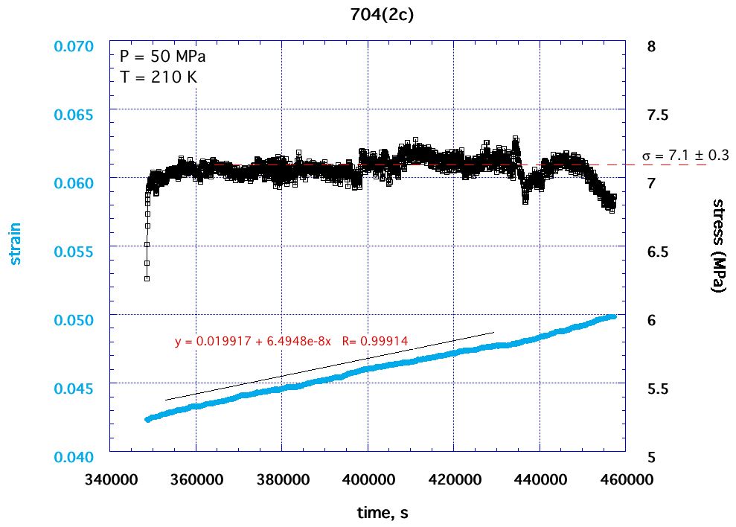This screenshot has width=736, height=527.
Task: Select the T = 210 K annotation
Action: [x=158, y=76]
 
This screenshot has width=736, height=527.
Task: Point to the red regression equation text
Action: [x=291, y=342]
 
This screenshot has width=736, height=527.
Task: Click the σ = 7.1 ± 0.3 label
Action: [x=685, y=156]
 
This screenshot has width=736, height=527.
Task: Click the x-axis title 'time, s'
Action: [x=381, y=513]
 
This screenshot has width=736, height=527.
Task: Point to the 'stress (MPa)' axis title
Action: [x=718, y=246]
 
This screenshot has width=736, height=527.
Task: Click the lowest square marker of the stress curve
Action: [x=147, y=278]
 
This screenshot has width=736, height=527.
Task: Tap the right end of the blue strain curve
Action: [x=614, y=316]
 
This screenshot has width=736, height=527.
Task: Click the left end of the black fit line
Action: [x=165, y=400]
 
